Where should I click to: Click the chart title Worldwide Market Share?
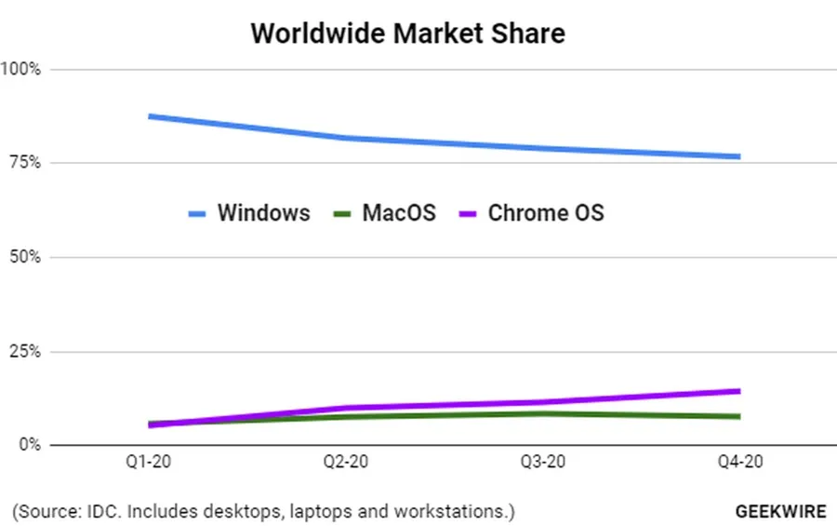pyautogui.click(x=407, y=34)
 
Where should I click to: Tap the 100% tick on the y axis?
pyautogui.click(x=20, y=69)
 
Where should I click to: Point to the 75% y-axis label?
pyautogui.click(x=22, y=163)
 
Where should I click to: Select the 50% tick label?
pyautogui.click(x=22, y=257)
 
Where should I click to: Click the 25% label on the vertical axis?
pyautogui.click(x=22, y=351)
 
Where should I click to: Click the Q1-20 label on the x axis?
pyautogui.click(x=148, y=463)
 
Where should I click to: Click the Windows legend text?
pyautogui.click(x=263, y=213)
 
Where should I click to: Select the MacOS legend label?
pyautogui.click(x=399, y=213)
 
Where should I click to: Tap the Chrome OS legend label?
pyautogui.click(x=546, y=213)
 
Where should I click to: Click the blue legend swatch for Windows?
pyautogui.click(x=197, y=214)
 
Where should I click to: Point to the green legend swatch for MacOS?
pyautogui.click(x=341, y=214)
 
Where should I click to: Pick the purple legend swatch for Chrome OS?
pyautogui.click(x=469, y=214)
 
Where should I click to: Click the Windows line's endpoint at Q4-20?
pyautogui.click(x=738, y=156)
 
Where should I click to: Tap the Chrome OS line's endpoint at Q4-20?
pyautogui.click(x=738, y=391)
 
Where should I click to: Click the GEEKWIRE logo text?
pyautogui.click(x=778, y=512)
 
